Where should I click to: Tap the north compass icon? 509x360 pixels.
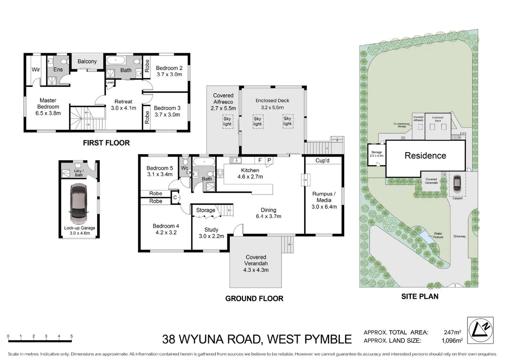[x=480, y=330]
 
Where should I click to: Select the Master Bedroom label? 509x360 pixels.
[x=48, y=107]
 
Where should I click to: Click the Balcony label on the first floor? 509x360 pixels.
[x=87, y=61]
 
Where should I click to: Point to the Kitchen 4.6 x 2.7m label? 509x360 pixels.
[x=250, y=173]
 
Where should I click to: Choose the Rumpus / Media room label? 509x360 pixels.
[x=324, y=200]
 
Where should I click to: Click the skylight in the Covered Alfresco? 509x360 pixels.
[x=227, y=121]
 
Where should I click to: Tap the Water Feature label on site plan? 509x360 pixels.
[x=438, y=235]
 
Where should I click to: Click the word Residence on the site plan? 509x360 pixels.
[x=425, y=156]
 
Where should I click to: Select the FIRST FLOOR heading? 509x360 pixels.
[x=106, y=143]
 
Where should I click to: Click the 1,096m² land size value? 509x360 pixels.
[x=452, y=341]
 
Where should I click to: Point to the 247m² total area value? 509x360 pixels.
[x=452, y=332]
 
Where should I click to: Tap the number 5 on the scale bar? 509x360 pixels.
[x=72, y=336]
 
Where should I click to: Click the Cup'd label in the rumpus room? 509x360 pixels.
[x=322, y=161]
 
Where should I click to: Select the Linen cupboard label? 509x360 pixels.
[x=110, y=82]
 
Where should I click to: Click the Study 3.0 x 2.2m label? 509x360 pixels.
[x=211, y=233]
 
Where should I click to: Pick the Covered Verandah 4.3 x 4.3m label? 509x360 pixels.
[x=256, y=263]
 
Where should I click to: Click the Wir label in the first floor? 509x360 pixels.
[x=36, y=70]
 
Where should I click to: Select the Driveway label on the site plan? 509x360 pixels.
[x=459, y=236]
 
